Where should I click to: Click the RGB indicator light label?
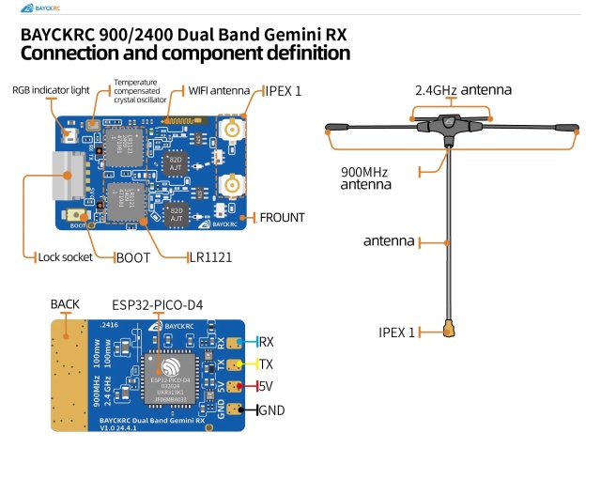[x=50, y=89]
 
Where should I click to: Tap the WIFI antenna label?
[x=219, y=90]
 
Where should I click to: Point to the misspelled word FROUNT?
[x=282, y=217]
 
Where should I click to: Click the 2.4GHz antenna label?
[x=464, y=90]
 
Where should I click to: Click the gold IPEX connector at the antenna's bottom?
[x=450, y=330]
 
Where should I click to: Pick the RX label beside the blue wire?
[x=266, y=343]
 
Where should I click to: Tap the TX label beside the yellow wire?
[x=266, y=364]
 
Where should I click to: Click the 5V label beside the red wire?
[x=266, y=386]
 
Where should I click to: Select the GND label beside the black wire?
[x=271, y=410]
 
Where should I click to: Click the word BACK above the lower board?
[x=65, y=304]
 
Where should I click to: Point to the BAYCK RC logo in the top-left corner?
[x=37, y=8]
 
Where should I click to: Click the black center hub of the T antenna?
[x=445, y=127]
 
